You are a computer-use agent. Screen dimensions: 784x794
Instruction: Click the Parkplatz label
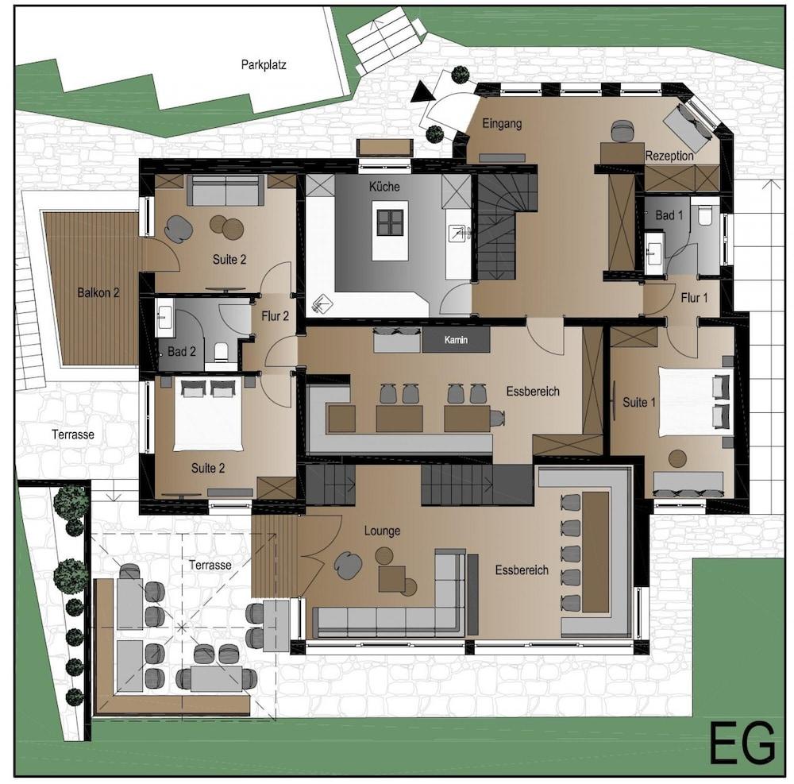[264, 65]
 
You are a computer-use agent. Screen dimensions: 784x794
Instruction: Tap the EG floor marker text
[742, 743]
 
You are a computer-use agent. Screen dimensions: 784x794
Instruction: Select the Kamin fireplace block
[456, 341]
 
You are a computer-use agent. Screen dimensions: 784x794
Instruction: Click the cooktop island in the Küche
[390, 223]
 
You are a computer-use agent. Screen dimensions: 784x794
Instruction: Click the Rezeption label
[669, 156]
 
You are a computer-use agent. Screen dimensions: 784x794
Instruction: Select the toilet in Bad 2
[221, 351]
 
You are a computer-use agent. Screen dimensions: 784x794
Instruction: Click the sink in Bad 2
[166, 318]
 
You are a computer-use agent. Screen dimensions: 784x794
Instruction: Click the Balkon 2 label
[98, 292]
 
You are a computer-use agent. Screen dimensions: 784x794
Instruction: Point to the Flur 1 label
[693, 298]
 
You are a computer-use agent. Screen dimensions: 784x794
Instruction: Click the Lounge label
[382, 531]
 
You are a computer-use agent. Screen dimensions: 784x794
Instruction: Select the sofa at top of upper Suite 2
[225, 191]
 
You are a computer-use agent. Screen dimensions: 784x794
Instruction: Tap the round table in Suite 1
[677, 458]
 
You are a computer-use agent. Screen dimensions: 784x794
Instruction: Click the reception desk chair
[622, 129]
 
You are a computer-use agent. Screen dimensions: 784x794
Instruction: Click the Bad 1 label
[669, 215]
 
